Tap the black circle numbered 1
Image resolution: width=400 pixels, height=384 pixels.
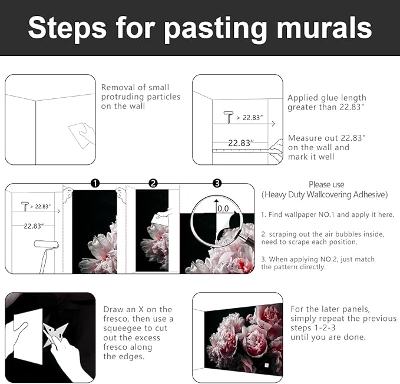[95, 184]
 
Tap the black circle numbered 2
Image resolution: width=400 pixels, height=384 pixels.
[153, 184]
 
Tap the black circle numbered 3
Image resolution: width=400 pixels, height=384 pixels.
[217, 184]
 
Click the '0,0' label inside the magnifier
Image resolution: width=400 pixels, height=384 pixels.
[223, 208]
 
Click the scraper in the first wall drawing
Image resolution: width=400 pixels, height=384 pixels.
[81, 135]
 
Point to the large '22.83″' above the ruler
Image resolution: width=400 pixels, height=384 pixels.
[241, 143]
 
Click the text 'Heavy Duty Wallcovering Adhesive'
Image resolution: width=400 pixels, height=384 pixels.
[325, 194]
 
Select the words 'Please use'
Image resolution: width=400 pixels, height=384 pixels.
[326, 184]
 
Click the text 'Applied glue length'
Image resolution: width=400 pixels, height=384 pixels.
[327, 98]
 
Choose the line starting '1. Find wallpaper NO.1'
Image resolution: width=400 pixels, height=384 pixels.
[328, 215]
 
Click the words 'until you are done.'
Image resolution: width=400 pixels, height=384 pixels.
[328, 337]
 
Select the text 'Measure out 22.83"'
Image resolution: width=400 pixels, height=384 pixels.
[327, 138]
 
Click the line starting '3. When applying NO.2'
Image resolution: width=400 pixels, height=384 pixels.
[318, 259]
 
